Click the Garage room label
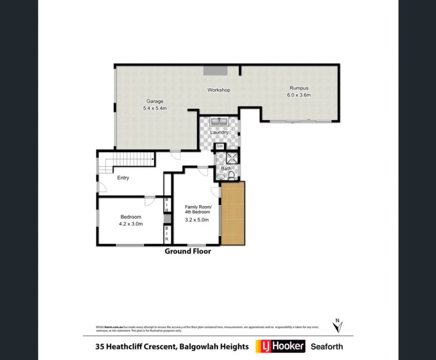click(x=155, y=102)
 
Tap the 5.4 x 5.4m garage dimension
click(x=155, y=108)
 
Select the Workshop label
click(x=219, y=90)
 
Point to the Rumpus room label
click(x=299, y=88)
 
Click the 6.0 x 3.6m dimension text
click(x=299, y=95)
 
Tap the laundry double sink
click(x=219, y=122)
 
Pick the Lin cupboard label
click(x=220, y=146)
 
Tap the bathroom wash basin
click(x=220, y=177)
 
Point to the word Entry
click(x=123, y=178)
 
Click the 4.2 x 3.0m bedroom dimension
click(x=131, y=224)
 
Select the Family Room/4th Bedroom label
click(x=197, y=209)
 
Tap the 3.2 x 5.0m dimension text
click(x=197, y=220)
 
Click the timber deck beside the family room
click(x=233, y=213)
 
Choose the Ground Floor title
click(x=188, y=252)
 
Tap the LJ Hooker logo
click(x=280, y=346)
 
